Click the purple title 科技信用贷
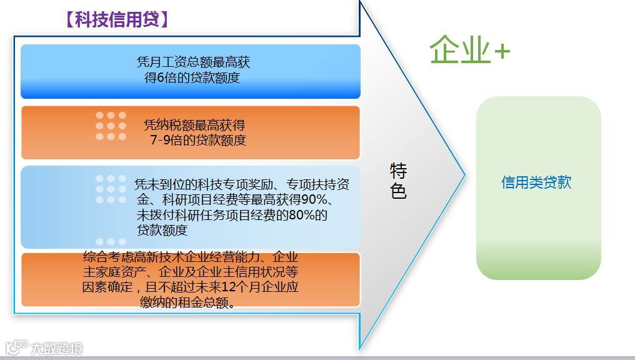click(117, 19)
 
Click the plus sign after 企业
click(502, 52)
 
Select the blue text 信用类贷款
click(536, 182)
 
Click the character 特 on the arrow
click(398, 171)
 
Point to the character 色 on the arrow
click(398, 191)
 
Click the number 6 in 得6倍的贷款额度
click(161, 77)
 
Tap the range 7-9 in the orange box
click(160, 140)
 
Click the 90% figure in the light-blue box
click(311, 199)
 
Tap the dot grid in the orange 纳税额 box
click(111, 126)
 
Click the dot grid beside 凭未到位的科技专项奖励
click(111, 189)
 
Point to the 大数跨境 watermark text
click(57, 348)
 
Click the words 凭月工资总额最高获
click(193, 62)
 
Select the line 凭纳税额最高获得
click(194, 125)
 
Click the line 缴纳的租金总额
click(187, 302)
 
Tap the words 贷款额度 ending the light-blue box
click(162, 230)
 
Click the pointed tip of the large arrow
click(464, 175)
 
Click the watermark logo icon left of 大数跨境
click(17, 347)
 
